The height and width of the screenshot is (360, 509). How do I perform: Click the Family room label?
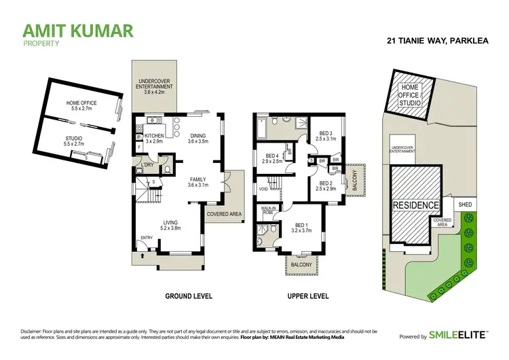(x=197, y=181)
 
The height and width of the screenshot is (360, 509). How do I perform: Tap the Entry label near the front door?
(x=146, y=237)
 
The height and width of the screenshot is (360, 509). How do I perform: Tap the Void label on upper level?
(x=263, y=189)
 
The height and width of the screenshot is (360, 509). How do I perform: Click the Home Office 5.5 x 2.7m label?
(x=81, y=105)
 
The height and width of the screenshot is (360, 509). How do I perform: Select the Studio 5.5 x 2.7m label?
(x=73, y=141)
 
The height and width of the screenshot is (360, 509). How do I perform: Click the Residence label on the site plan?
(x=415, y=204)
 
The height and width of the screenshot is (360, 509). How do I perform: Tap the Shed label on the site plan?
(x=465, y=204)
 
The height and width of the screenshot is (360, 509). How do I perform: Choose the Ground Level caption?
(x=189, y=296)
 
